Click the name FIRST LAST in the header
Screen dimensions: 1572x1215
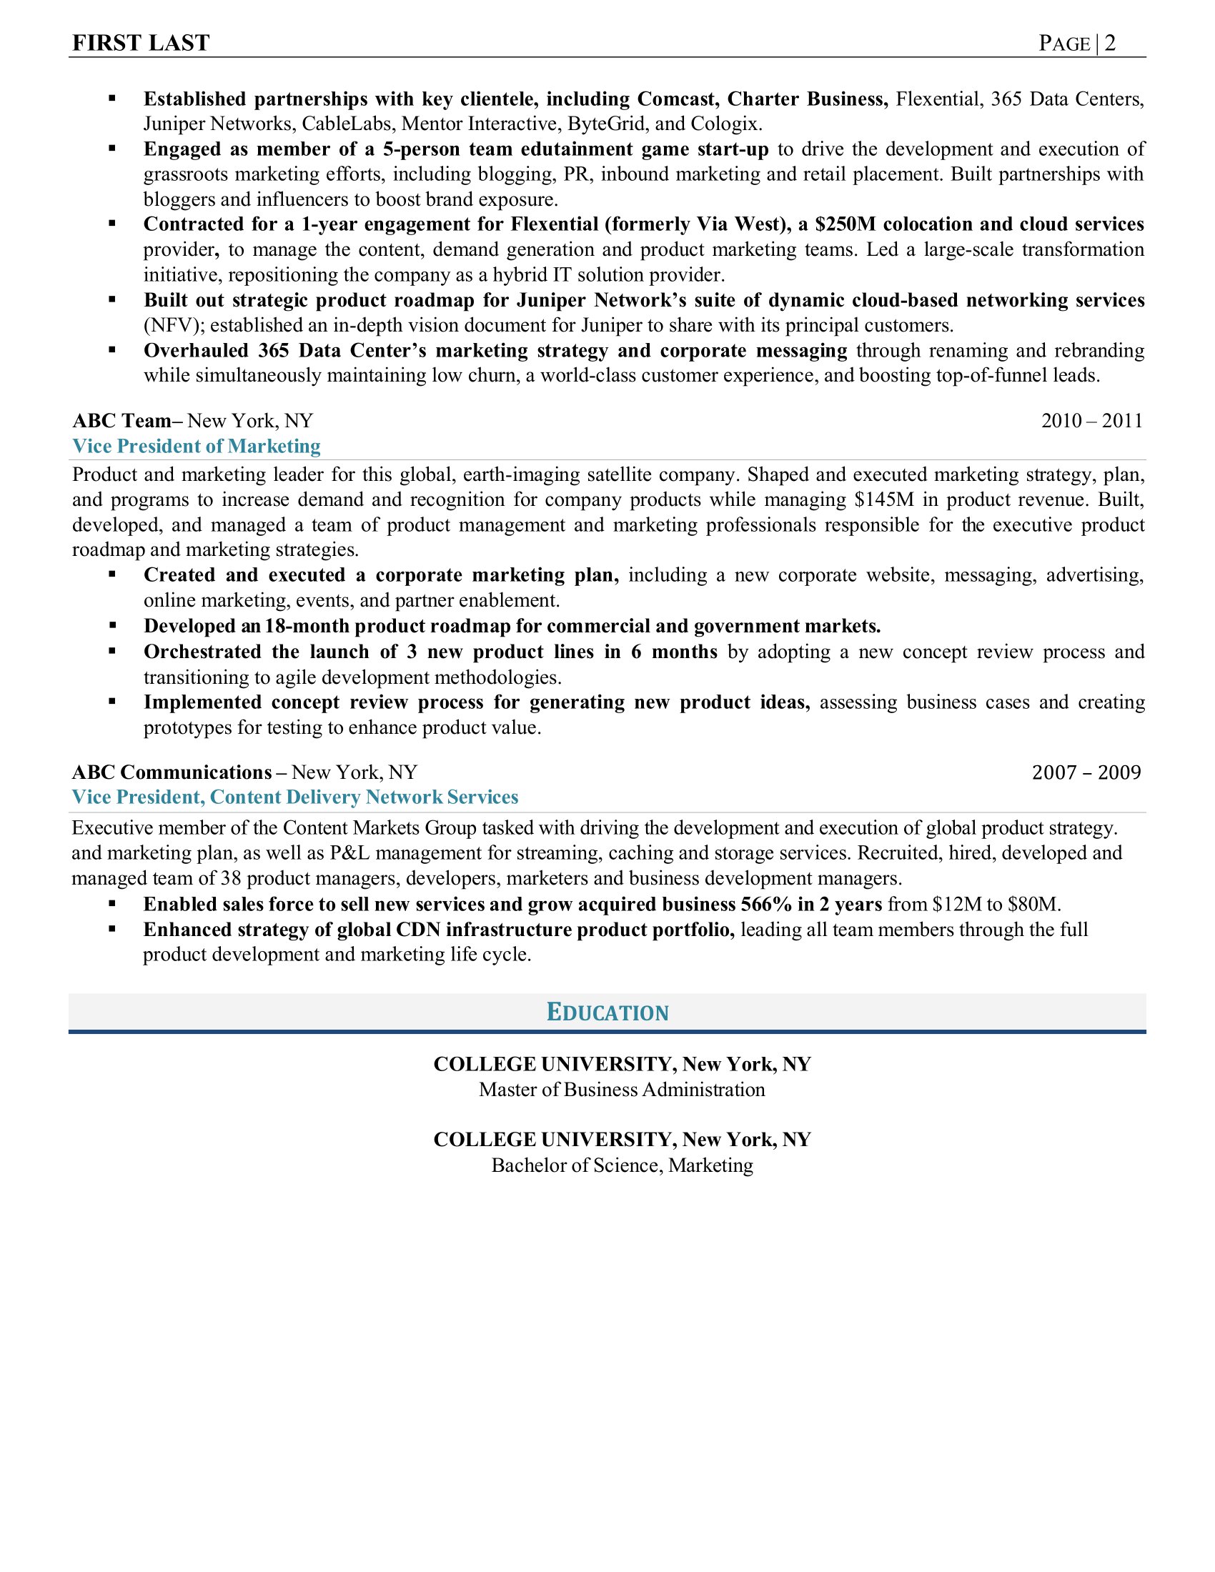[141, 43]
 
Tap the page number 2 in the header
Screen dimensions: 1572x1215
[1110, 43]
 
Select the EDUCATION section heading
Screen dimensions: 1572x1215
[607, 1012]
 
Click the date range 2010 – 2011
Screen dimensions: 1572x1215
[1091, 420]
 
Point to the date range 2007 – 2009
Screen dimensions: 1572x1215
[1086, 772]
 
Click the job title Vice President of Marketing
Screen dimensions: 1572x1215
[197, 447]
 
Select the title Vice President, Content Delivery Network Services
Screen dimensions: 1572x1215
[295, 797]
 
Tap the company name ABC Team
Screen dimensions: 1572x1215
[120, 420]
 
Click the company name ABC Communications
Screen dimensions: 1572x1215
[172, 772]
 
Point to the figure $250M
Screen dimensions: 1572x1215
[845, 224]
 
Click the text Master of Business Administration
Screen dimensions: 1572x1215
[622, 1090]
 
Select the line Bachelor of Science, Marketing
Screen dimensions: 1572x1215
[622, 1165]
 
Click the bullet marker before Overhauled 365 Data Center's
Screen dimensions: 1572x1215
[112, 350]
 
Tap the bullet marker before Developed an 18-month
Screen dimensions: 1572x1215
[112, 625]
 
